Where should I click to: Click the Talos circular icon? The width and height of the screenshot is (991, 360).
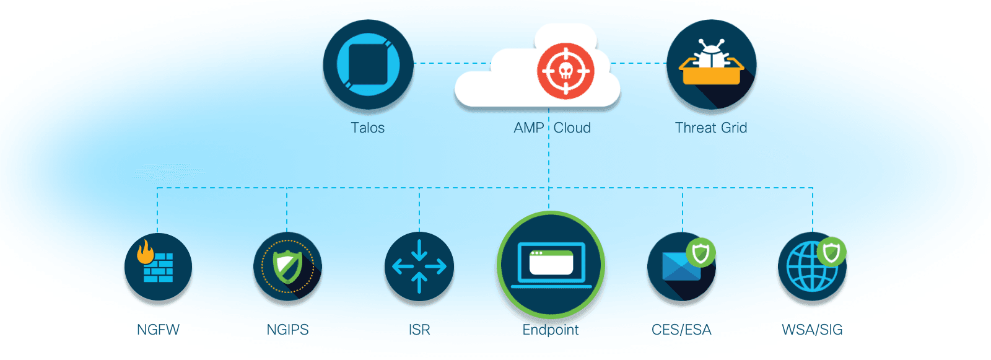coord(368,64)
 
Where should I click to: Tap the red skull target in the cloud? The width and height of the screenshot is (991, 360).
coord(565,71)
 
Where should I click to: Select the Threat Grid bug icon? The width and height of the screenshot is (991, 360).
coord(711,64)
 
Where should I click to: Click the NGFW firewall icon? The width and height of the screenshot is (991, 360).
coord(158,267)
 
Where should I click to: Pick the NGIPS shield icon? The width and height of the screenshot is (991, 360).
coord(287,267)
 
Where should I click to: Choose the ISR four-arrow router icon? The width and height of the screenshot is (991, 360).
coord(419,266)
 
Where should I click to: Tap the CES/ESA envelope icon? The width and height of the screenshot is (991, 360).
coord(681,267)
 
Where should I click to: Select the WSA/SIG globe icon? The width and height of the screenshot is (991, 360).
coord(811,266)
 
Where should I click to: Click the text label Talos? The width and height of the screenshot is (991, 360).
coord(368,128)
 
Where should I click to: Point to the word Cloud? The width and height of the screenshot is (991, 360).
coord(572,128)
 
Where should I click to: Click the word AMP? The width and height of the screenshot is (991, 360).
coord(528,128)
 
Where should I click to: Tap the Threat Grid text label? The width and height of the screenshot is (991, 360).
coord(711,128)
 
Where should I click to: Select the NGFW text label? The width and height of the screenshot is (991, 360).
coord(158,330)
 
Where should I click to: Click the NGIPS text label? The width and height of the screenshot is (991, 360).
coord(287,330)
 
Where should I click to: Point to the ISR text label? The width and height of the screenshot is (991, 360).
coord(419,330)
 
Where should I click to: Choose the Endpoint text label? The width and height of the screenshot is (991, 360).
coord(551,330)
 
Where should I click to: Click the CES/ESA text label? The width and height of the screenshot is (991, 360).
coord(681,330)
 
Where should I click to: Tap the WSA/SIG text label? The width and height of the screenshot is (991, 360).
coord(812,330)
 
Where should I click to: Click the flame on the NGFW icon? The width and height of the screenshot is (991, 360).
coord(146,252)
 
